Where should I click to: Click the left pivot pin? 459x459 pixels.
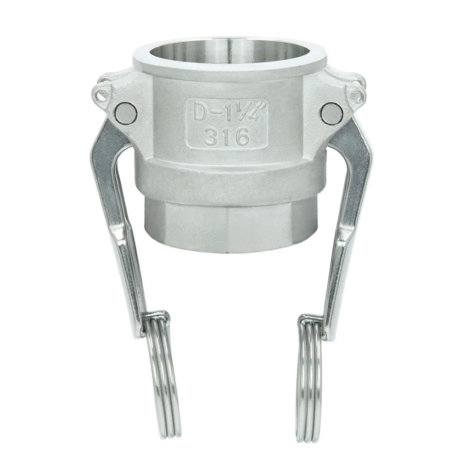pos(126,113)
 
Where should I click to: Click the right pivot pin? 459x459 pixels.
pos(332,113)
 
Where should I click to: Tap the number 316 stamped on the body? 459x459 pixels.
pos(227,136)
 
